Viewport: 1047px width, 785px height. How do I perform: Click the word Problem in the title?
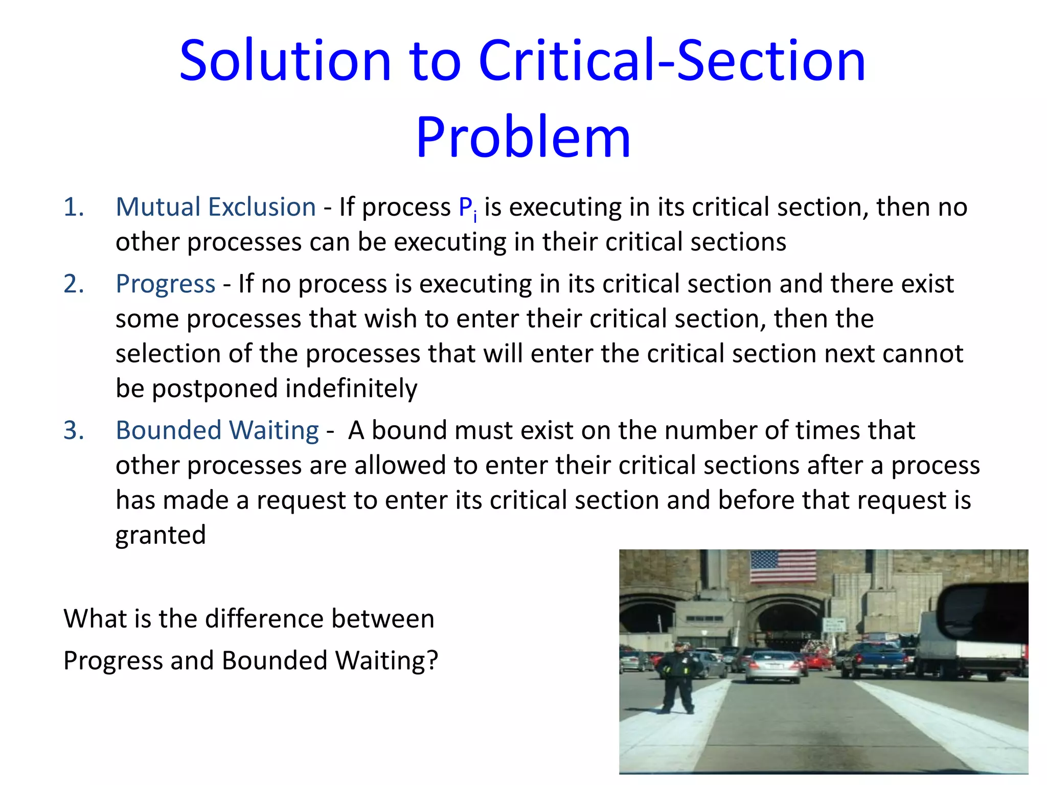523,137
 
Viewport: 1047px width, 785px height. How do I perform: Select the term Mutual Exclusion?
216,207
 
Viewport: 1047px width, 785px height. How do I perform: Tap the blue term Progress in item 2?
165,284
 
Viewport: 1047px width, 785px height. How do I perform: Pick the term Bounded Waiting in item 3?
217,430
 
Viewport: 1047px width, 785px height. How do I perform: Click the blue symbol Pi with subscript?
467,209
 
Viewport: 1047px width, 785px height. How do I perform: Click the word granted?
161,536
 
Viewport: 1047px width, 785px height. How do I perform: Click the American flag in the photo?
783,566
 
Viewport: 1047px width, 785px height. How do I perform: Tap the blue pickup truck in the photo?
874,659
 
